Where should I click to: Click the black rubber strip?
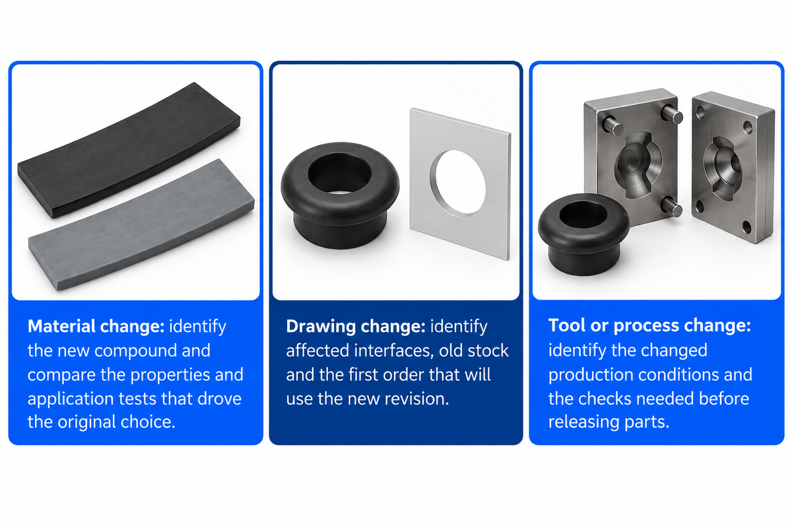pos(129,150)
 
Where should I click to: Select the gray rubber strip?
pos(141,224)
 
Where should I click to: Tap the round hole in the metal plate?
pos(458,182)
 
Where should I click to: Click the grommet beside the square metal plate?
pos(340,195)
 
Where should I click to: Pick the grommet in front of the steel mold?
pos(583,234)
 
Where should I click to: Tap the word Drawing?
pos(320,327)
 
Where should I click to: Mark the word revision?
pos(416,399)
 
